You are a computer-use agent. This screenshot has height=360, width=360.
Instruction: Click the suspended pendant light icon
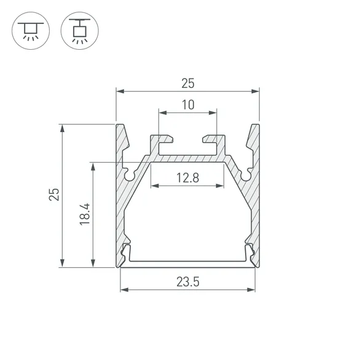point(79,29)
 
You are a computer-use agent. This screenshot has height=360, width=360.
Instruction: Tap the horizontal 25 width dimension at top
point(187,82)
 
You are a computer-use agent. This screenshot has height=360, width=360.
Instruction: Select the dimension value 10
point(187,104)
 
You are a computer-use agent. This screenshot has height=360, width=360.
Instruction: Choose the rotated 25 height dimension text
point(55,195)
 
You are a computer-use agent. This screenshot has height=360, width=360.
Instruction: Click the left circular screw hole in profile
point(130,175)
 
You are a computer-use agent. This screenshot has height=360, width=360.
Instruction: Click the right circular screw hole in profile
point(246,175)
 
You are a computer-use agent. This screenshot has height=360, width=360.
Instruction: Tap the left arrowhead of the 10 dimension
point(161,112)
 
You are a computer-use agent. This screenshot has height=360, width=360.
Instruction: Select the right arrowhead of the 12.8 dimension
point(221,186)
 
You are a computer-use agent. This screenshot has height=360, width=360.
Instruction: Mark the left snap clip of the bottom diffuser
point(127,252)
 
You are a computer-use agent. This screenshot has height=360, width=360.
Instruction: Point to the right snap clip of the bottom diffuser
point(249,252)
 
